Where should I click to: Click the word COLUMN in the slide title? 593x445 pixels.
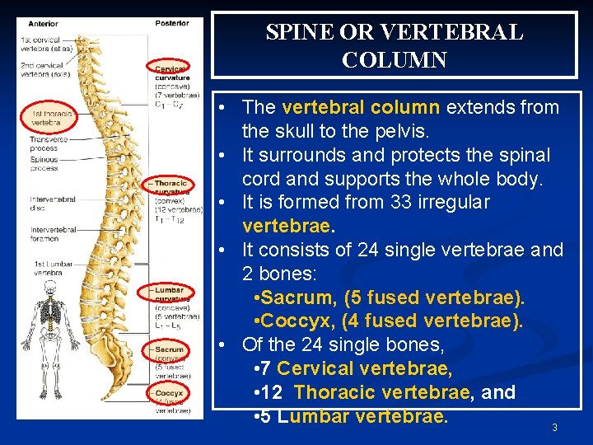tap(395, 60)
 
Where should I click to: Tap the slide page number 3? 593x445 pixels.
tap(554, 428)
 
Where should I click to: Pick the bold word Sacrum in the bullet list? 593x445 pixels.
tap(294, 297)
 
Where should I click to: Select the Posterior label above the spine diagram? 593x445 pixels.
tap(171, 23)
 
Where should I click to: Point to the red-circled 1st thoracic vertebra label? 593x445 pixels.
tap(48, 117)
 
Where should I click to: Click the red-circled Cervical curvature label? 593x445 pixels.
tap(170, 70)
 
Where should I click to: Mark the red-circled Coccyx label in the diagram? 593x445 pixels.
tap(170, 393)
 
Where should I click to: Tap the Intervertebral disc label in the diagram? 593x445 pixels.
tap(52, 203)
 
